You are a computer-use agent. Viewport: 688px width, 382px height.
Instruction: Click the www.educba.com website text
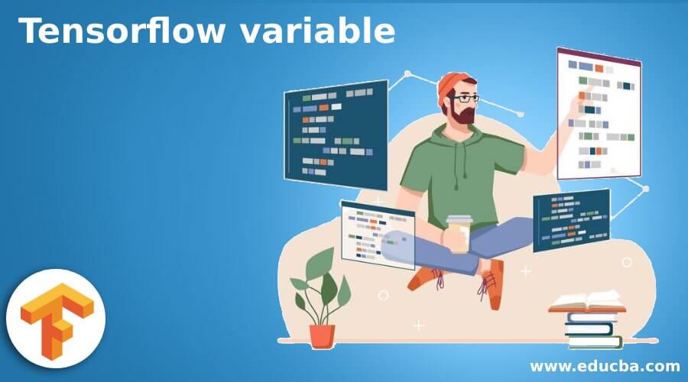coord(605,365)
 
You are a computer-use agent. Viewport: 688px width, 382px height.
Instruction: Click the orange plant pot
coord(322,335)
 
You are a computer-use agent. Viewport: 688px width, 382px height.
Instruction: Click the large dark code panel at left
coord(336,134)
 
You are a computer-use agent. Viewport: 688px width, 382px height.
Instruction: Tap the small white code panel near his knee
coord(377,234)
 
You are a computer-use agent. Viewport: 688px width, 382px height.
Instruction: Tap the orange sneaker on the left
coord(425,278)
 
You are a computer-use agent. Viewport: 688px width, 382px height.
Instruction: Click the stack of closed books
coord(593,329)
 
